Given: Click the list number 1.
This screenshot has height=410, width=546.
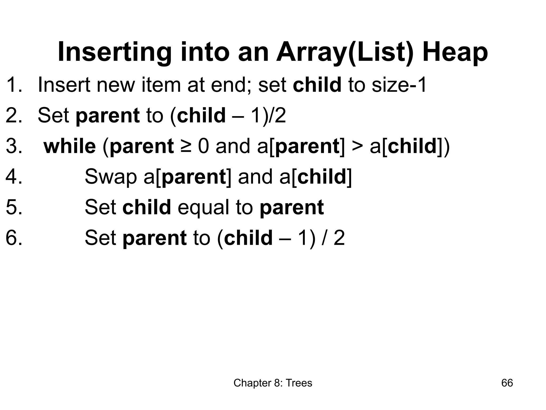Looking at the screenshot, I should [x=13, y=85].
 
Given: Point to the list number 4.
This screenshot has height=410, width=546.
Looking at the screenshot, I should [x=13, y=177].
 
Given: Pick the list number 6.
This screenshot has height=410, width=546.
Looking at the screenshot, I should [x=13, y=238].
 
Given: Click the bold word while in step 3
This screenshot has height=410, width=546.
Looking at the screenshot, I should [x=70, y=146].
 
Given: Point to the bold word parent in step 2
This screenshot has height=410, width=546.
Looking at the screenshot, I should [x=107, y=116].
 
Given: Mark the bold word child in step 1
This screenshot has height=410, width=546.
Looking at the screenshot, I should [x=317, y=85].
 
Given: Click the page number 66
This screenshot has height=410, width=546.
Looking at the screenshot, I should [x=507, y=383].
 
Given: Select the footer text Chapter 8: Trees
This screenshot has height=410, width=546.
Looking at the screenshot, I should [x=273, y=383].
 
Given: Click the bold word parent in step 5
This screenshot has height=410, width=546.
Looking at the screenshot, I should [x=292, y=208].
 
